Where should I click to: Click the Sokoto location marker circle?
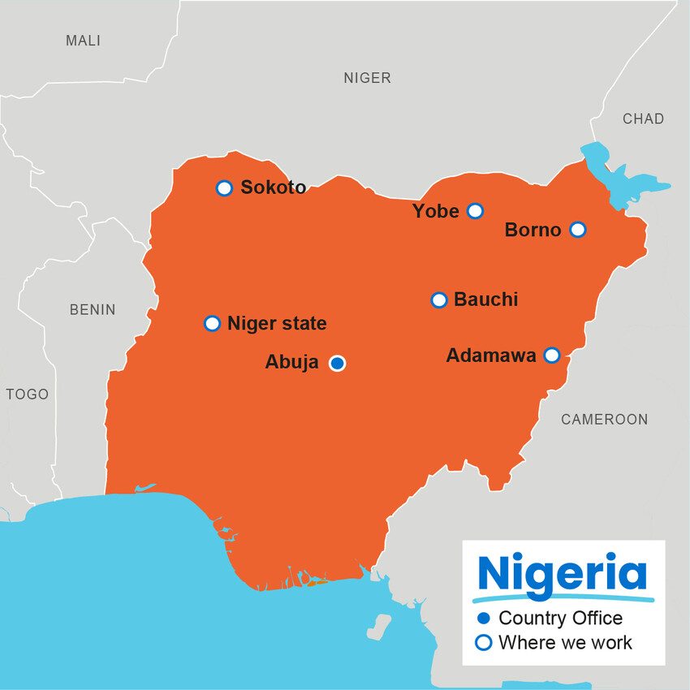(225, 188)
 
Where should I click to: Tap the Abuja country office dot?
(337, 363)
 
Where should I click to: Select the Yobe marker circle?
(476, 211)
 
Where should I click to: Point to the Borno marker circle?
(577, 230)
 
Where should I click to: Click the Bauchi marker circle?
(439, 300)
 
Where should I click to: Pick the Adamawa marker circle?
(551, 355)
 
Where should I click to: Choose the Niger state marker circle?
(212, 324)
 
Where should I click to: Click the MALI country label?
(83, 41)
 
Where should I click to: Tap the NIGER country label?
(367, 78)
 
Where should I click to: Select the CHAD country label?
(643, 119)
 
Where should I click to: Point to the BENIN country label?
(93, 309)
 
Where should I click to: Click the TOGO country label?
(28, 395)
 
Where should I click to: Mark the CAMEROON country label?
(604, 420)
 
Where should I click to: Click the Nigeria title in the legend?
(563, 574)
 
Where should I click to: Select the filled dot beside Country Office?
(484, 619)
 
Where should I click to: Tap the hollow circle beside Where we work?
(484, 643)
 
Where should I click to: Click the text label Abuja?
(291, 363)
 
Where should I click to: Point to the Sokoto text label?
(274, 188)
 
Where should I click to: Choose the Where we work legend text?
(565, 643)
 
